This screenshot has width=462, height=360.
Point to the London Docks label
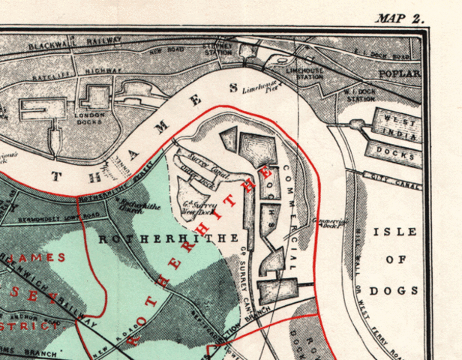[89, 118]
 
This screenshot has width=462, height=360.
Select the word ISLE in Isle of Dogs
[401, 232]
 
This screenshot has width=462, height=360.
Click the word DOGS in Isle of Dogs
[401, 290]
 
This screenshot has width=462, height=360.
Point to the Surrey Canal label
[204, 161]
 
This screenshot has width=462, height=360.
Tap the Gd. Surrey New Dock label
[199, 207]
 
